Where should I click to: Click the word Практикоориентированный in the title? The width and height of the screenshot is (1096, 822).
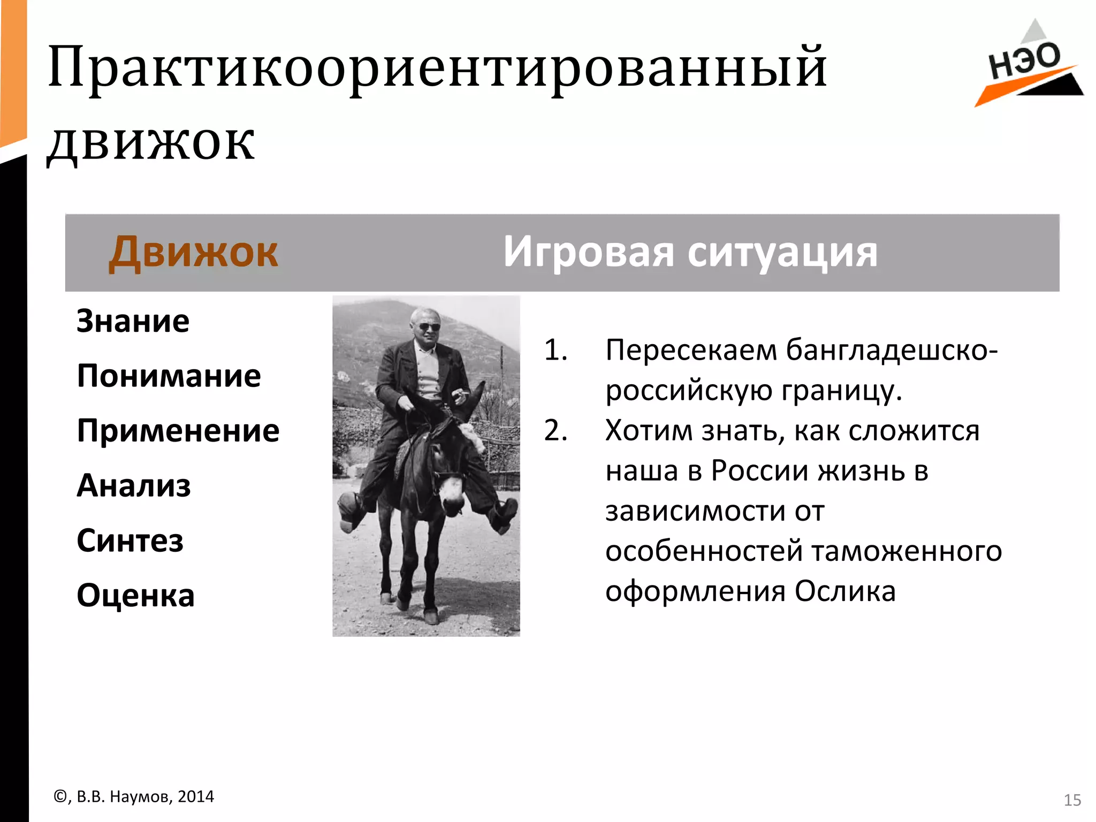point(437,68)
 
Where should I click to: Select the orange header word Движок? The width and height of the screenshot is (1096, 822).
point(193,252)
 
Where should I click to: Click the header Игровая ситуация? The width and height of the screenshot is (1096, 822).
point(690,252)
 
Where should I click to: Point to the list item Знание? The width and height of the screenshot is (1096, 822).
point(133,321)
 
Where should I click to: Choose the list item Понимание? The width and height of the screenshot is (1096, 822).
point(169,376)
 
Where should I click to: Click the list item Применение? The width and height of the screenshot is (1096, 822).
point(178,431)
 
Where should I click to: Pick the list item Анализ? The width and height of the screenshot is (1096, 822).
point(134,486)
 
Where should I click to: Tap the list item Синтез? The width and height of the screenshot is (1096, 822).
point(130,541)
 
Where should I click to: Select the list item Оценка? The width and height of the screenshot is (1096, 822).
point(135,596)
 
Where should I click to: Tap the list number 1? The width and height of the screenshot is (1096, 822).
point(555,351)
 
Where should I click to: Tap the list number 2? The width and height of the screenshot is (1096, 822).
point(555,431)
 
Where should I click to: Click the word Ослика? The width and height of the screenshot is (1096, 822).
point(844,591)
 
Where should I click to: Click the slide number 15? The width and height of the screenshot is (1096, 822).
point(1072,800)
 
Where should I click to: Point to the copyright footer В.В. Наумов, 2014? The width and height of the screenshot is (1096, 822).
point(134,797)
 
